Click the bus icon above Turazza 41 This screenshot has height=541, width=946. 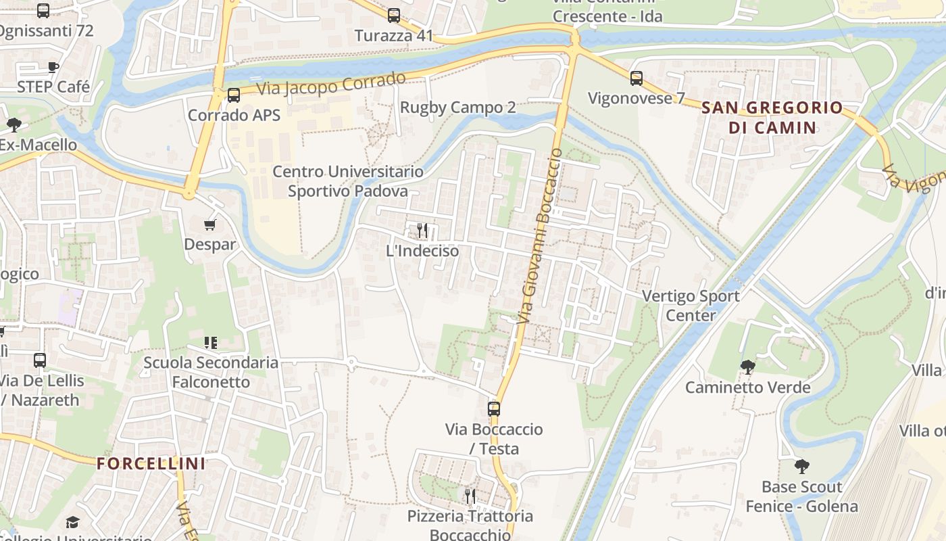394,16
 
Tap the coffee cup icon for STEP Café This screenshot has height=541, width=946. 53,66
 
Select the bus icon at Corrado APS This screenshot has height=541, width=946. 234,95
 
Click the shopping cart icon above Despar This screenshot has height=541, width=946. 210,225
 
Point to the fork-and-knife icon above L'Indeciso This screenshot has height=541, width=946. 422,231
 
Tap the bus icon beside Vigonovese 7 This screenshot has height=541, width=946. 637,78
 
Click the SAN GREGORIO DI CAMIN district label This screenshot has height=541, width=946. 772,117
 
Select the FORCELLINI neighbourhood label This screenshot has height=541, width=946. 151,464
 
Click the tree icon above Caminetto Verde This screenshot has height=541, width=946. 747,367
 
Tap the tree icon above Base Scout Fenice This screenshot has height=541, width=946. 802,467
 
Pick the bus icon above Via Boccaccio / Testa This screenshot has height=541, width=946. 494,409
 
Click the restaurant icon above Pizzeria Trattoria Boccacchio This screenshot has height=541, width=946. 470,496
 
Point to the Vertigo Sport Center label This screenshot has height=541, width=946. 691,306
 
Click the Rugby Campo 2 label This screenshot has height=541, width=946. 457,108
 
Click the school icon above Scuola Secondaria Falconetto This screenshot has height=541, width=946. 210,343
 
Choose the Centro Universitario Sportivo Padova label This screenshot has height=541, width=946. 348,181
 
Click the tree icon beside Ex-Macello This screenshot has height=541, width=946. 14,125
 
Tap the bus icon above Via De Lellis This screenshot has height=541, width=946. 40,360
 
